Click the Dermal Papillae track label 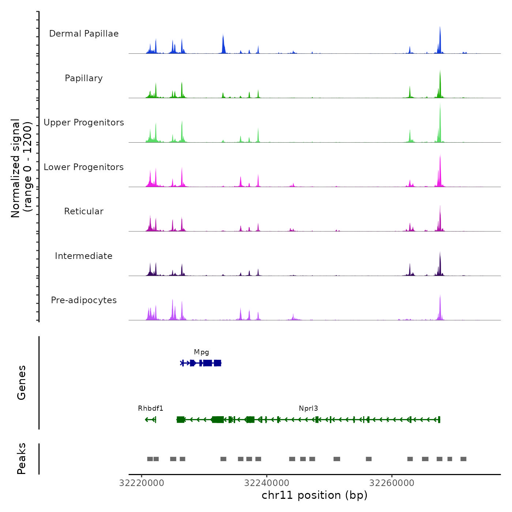pyautogui.click(x=84, y=34)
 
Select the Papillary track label pyautogui.click(x=84, y=78)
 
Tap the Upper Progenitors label pyautogui.click(x=84, y=123)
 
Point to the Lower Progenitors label pyautogui.click(x=84, y=167)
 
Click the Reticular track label pyautogui.click(x=84, y=211)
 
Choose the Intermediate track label pyautogui.click(x=84, y=256)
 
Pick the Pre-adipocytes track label pyautogui.click(x=84, y=300)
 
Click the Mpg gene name pyautogui.click(x=202, y=352)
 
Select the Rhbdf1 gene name pyautogui.click(x=150, y=409)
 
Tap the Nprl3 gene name pyautogui.click(x=308, y=409)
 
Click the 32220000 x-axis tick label pyautogui.click(x=142, y=483)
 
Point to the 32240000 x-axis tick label pyautogui.click(x=267, y=483)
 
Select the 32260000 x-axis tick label pyautogui.click(x=392, y=483)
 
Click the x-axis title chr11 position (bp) pyautogui.click(x=315, y=495)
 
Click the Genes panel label pyautogui.click(x=22, y=383)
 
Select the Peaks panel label pyautogui.click(x=22, y=459)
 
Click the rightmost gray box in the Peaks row pyautogui.click(x=463, y=459)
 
